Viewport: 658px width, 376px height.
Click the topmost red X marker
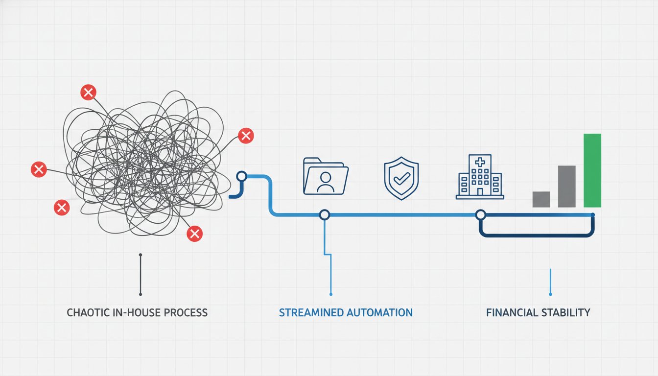point(88,93)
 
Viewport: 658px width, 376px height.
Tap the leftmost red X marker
point(39,169)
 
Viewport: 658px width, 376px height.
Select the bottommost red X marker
point(194,234)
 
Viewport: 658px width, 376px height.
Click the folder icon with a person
point(326,176)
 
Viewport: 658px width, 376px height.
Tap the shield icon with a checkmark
point(401,178)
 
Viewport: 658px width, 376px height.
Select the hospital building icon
point(480,177)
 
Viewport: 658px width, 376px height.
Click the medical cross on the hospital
point(480,162)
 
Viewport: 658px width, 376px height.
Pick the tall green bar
point(592,170)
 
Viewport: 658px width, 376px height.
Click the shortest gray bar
point(541,199)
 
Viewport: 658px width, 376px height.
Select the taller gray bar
point(566,187)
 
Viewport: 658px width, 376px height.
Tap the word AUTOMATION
point(379,312)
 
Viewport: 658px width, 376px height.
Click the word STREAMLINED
point(311,312)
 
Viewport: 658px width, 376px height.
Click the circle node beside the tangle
point(241,176)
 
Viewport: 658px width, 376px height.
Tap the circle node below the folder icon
point(324,215)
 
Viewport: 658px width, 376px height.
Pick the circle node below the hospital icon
point(481,215)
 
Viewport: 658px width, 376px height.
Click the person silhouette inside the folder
point(326,182)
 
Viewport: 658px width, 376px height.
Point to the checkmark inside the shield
point(401,178)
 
